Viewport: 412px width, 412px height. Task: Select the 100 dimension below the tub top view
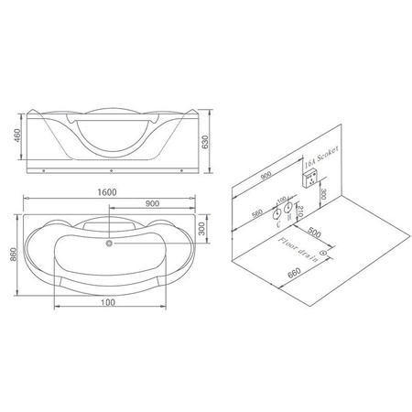click(x=109, y=302)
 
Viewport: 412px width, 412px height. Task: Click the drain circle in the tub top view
click(x=109, y=244)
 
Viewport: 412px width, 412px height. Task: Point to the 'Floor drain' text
click(x=298, y=248)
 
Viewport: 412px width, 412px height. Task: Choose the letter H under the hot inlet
click(x=289, y=217)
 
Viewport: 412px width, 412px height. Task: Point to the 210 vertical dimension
click(x=302, y=212)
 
